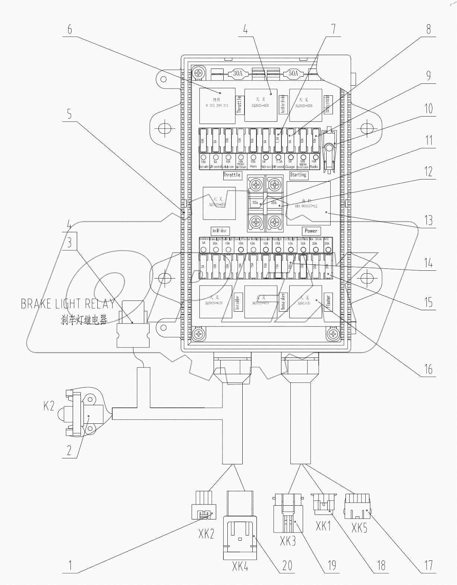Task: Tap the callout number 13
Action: pyautogui.click(x=429, y=220)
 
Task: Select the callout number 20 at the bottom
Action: pyautogui.click(x=287, y=566)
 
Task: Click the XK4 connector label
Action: pyautogui.click(x=240, y=567)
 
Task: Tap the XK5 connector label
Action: pyautogui.click(x=359, y=528)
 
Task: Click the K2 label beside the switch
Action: pyautogui.click(x=49, y=406)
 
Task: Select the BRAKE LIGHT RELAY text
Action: pyautogui.click(x=67, y=303)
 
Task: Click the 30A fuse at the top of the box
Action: pyautogui.click(x=237, y=73)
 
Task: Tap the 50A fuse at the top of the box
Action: pyautogui.click(x=293, y=73)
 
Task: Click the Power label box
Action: pyautogui.click(x=311, y=230)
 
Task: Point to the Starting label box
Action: pyautogui.click(x=298, y=175)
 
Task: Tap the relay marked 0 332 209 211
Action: pyautogui.click(x=217, y=106)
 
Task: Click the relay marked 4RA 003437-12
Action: pyautogui.click(x=309, y=203)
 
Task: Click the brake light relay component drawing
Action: pyautogui.click(x=133, y=330)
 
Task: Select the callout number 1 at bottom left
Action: pyautogui.click(x=69, y=566)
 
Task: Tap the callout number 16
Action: pyautogui.click(x=429, y=369)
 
